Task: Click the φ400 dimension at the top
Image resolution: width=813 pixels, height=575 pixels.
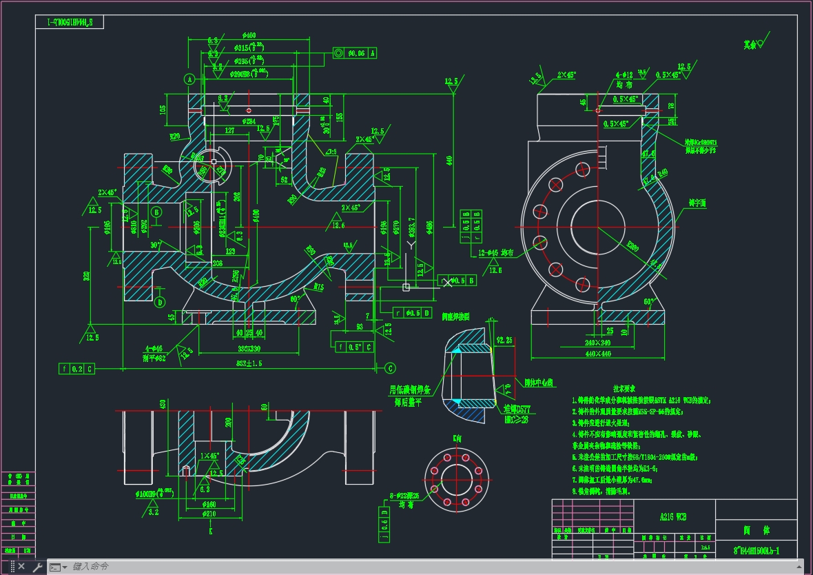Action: [x=249, y=35]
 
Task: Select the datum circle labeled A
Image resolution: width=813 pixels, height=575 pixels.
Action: [x=189, y=79]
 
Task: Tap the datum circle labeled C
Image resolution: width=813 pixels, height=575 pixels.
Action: [x=390, y=367]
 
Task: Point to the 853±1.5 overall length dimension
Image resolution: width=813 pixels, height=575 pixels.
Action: [x=249, y=363]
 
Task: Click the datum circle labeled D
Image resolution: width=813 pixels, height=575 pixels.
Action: [x=160, y=302]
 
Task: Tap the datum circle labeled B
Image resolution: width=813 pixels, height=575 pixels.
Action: [x=157, y=212]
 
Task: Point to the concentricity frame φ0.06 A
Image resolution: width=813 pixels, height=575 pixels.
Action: [x=355, y=52]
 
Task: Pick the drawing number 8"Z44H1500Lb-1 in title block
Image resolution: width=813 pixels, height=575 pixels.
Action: [x=756, y=551]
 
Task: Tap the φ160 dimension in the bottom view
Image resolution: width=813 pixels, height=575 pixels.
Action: [x=209, y=504]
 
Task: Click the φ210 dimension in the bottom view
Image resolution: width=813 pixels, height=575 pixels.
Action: [x=209, y=514]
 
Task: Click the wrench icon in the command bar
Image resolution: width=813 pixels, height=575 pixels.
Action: [x=37, y=567]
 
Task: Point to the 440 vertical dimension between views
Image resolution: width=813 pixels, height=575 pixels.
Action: [x=449, y=160]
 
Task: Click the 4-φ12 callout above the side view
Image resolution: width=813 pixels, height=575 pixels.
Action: [x=624, y=74]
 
